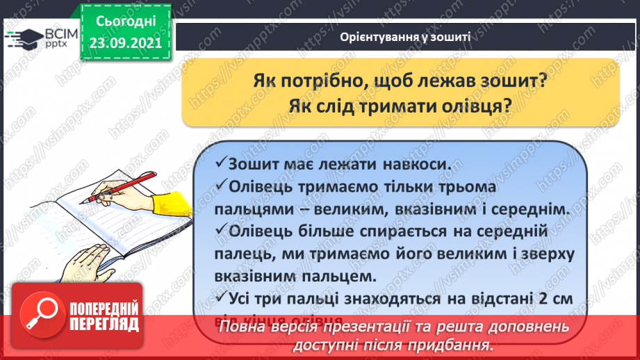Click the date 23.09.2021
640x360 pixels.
[x=125, y=41]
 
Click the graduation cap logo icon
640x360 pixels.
[x=26, y=38]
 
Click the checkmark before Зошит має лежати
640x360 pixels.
[x=220, y=165]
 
